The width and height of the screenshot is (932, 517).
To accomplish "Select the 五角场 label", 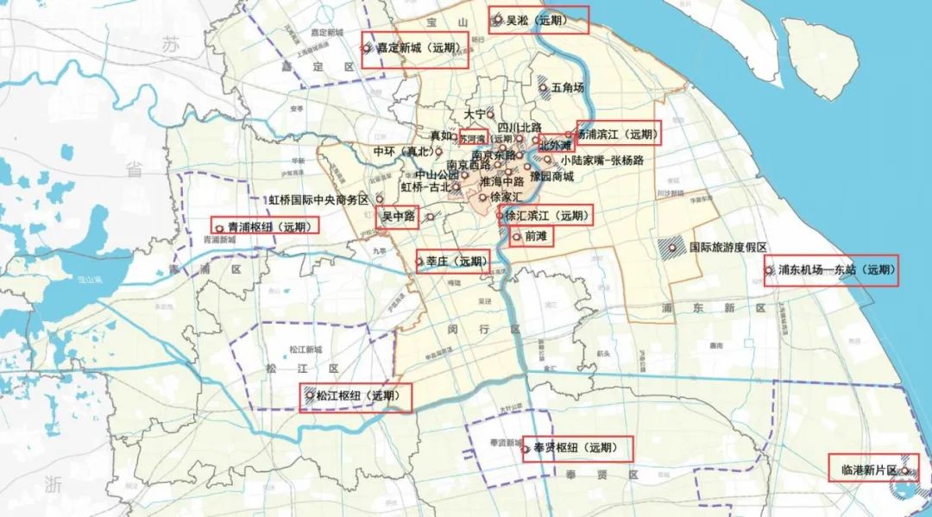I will click(x=568, y=87).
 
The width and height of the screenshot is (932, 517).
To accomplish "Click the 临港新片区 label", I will click(x=869, y=470).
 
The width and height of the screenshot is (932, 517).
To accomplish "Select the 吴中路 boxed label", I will click(x=399, y=218).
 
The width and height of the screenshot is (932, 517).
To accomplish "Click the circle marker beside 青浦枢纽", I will click(x=218, y=228).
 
